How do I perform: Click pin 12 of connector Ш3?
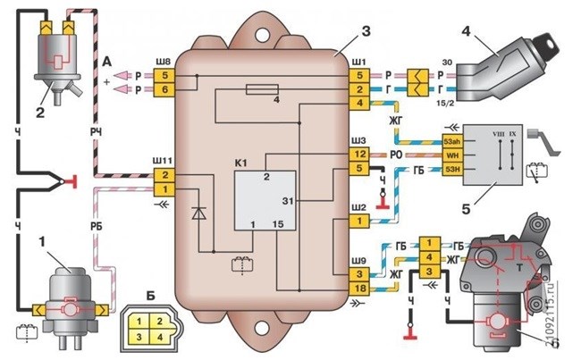(x=358, y=154)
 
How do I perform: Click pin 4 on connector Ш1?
(x=358, y=103)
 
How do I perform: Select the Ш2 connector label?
(x=358, y=204)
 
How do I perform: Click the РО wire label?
(x=399, y=155)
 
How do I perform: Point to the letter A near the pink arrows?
(x=107, y=60)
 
